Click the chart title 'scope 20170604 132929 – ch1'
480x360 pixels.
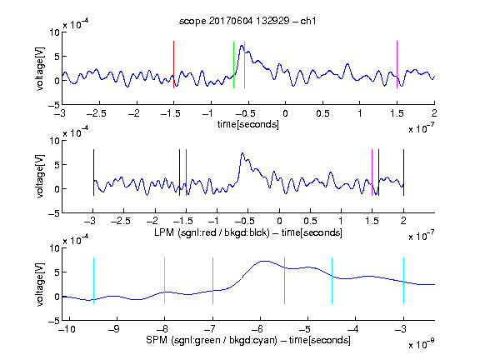[x=247, y=21]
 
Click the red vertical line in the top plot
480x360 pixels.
[x=173, y=65]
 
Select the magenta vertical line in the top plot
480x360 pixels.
[x=397, y=65]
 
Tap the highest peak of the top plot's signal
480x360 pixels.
[x=242, y=46]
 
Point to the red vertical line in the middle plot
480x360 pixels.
[x=186, y=172]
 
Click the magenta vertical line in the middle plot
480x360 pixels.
[x=372, y=172]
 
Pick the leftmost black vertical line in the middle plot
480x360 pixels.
[x=93, y=172]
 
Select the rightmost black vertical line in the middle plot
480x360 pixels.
[x=403, y=172]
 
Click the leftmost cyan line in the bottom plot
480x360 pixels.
[x=93, y=281]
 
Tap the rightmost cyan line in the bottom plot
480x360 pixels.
[x=403, y=281]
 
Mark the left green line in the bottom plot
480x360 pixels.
[x=212, y=281]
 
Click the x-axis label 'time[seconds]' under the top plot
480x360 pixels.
[x=248, y=125]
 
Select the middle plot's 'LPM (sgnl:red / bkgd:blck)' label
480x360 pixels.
[x=212, y=232]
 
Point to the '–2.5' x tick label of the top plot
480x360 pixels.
[x=97, y=113]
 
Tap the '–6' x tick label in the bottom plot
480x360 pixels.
[x=257, y=329]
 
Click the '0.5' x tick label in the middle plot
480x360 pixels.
[x=310, y=221]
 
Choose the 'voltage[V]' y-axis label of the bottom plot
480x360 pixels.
[x=40, y=284]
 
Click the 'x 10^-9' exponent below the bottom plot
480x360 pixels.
[x=421, y=344]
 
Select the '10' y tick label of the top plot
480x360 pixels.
[x=55, y=32]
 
